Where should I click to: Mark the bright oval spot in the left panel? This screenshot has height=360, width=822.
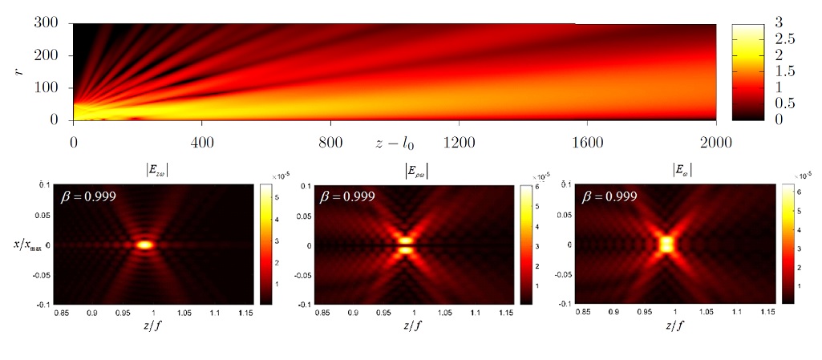145,245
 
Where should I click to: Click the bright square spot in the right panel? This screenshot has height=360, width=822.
665,242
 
